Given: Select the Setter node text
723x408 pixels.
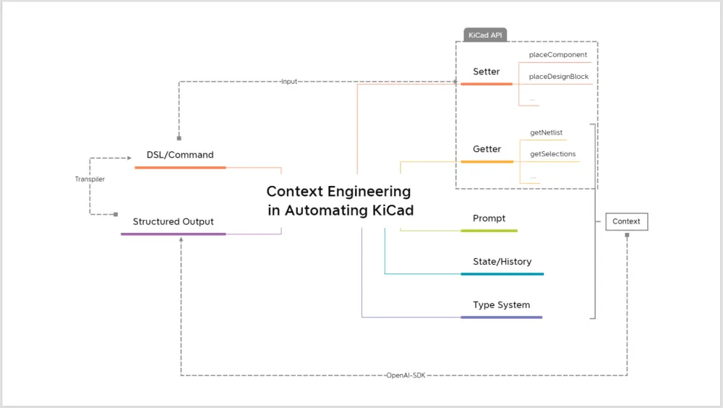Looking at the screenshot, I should [x=486, y=72].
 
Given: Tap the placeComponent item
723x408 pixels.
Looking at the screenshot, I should [x=557, y=54].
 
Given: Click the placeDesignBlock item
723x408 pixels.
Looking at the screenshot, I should [x=558, y=76].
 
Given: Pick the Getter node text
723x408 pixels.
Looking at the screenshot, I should [x=487, y=149].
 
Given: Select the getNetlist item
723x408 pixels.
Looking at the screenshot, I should [x=546, y=132].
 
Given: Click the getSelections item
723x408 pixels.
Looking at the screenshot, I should [x=552, y=154].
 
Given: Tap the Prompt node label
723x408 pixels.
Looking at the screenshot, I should [x=489, y=218].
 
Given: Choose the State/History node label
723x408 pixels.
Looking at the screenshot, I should [x=502, y=262].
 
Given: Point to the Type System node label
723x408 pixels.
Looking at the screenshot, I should [x=501, y=305].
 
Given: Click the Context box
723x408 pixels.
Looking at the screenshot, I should [x=626, y=221].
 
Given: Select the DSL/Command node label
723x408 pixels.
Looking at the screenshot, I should [x=180, y=155].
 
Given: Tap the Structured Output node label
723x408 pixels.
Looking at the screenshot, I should [x=173, y=221].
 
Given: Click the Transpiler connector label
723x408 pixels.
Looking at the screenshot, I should [x=90, y=179].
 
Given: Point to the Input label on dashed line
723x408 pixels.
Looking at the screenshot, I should [x=288, y=82].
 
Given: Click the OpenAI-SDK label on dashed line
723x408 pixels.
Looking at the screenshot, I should [x=405, y=375].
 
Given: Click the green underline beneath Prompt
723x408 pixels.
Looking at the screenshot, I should [x=489, y=231].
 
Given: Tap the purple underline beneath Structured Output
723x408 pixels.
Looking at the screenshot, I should [x=173, y=234].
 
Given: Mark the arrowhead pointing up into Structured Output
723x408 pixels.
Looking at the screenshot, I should [x=181, y=239].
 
